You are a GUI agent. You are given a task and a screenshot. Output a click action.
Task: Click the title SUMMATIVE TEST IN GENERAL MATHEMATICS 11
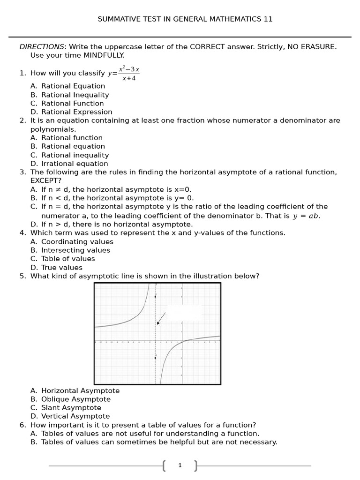click(185, 19)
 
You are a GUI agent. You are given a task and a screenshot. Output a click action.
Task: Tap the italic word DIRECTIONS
click(42, 47)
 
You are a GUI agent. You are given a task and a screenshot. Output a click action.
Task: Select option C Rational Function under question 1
click(72, 104)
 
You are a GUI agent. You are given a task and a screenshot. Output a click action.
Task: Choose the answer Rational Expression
click(76, 112)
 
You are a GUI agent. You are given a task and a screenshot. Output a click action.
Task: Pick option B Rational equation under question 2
click(73, 146)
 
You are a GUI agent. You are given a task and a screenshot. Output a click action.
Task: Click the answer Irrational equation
click(75, 164)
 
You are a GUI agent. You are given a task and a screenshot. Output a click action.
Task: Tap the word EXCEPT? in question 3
click(46, 180)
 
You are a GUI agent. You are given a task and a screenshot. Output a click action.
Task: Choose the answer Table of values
click(68, 259)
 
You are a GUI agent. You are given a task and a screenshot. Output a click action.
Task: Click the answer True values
click(61, 268)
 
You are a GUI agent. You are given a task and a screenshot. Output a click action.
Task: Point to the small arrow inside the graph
click(161, 319)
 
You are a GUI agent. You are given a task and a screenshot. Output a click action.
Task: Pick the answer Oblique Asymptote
click(76, 399)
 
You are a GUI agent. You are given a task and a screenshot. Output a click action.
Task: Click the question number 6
click(22, 425)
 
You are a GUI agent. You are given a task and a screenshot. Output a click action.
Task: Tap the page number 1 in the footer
click(180, 465)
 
